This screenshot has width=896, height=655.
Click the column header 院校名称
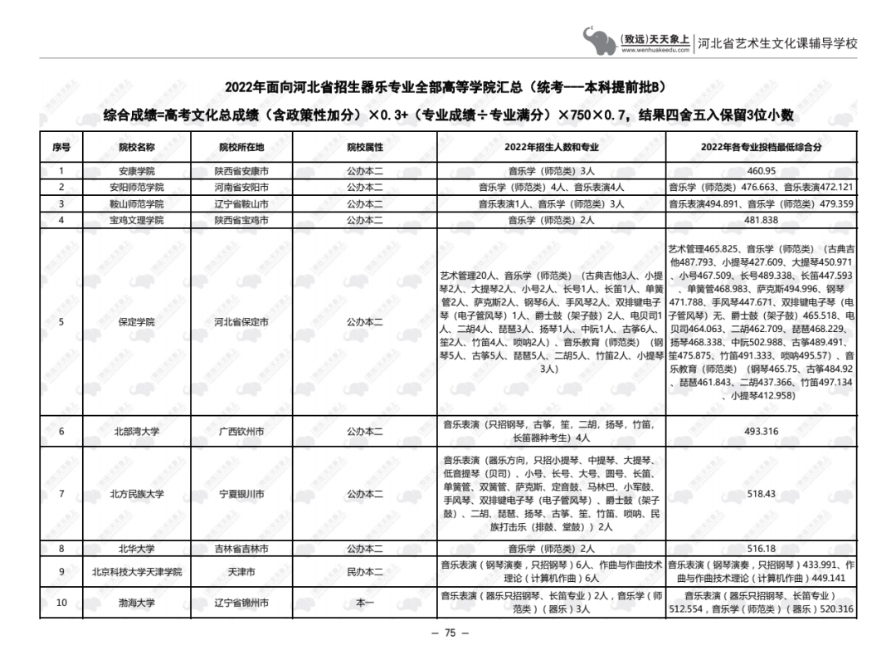pos(137,147)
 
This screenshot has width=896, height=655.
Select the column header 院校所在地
pos(241,147)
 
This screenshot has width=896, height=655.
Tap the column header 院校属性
pos(365,147)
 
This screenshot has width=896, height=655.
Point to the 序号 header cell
pos(61,147)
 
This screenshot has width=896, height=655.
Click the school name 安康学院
pos(137,171)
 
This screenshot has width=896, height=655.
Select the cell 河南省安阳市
pos(241,188)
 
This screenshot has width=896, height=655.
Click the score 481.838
pos(761,221)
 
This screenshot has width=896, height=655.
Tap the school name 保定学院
pos(137,322)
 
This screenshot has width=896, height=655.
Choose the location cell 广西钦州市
pos(241,431)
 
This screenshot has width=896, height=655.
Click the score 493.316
pos(761,431)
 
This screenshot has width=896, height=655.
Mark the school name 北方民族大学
pos(137,494)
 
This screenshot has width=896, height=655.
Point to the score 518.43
pos(761,494)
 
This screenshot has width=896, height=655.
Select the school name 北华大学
pos(137,549)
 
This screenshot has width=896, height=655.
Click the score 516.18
pos(761,549)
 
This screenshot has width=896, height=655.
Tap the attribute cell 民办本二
pos(365,572)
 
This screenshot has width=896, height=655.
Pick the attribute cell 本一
pos(365,604)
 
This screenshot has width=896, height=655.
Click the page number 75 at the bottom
pos(450,633)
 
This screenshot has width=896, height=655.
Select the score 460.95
pos(761,171)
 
